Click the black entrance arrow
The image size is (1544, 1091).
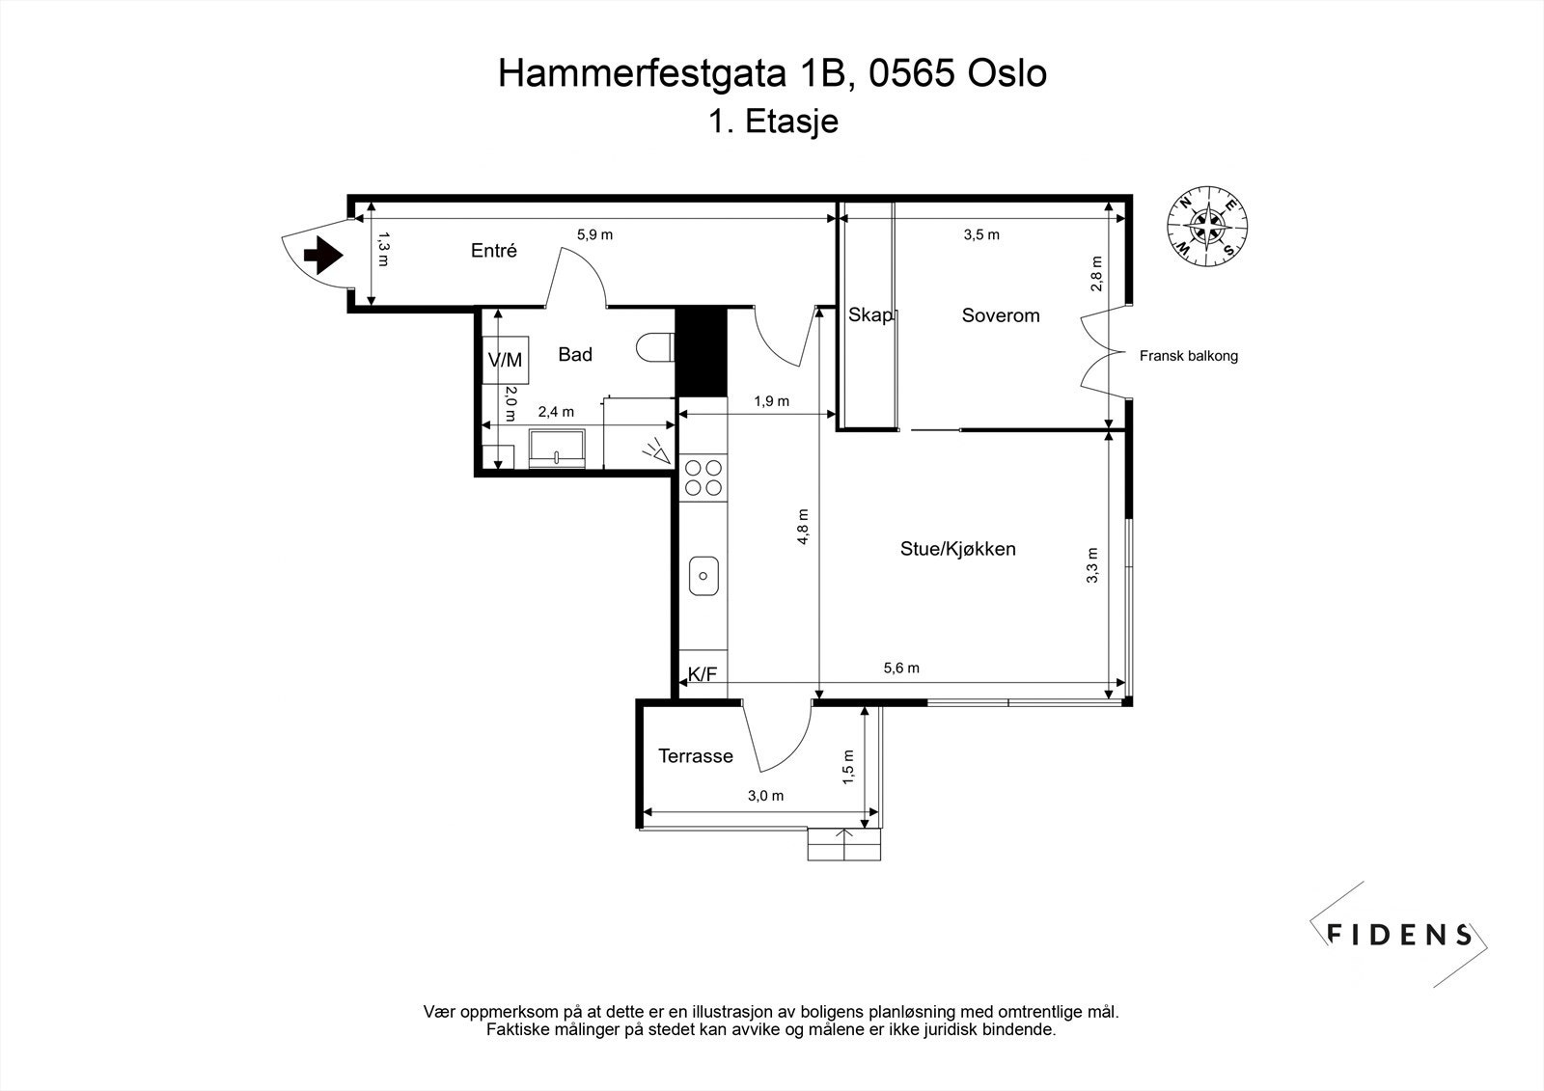pyautogui.click(x=323, y=256)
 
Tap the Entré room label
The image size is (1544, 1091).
pyautogui.click(x=494, y=251)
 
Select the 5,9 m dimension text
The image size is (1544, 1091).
pyautogui.click(x=594, y=234)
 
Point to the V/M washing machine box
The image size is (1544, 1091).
pyautogui.click(x=505, y=360)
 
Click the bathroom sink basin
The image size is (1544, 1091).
pyautogui.click(x=557, y=448)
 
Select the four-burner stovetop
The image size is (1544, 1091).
pyautogui.click(x=703, y=477)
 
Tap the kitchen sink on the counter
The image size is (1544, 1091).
pyautogui.click(x=703, y=577)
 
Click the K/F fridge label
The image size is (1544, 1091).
pyautogui.click(x=703, y=674)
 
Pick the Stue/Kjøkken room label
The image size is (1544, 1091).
pyautogui.click(x=957, y=550)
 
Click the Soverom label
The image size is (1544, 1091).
pyautogui.click(x=1001, y=315)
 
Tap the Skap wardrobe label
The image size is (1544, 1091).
pyautogui.click(x=871, y=315)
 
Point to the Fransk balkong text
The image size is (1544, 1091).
pyautogui.click(x=1188, y=356)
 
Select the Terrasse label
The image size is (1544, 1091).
pyautogui.click(x=695, y=756)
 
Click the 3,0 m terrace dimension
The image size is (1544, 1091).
pyautogui.click(x=765, y=796)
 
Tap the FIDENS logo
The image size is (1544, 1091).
pyautogui.click(x=1398, y=934)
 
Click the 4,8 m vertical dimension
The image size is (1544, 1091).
pyautogui.click(x=804, y=528)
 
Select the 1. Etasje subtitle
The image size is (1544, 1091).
pyautogui.click(x=772, y=122)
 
